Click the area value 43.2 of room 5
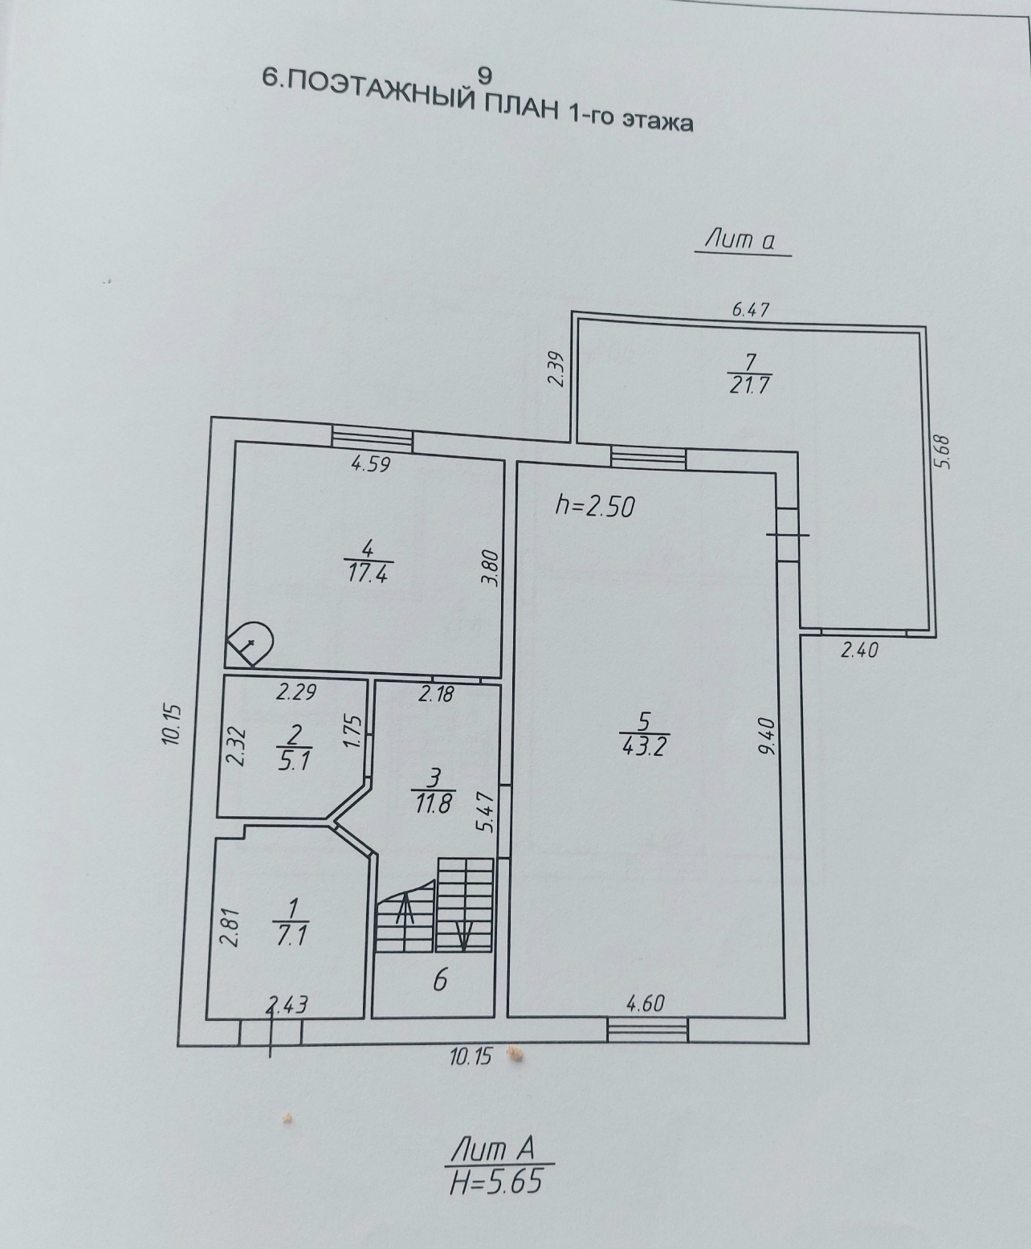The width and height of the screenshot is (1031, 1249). coord(644,748)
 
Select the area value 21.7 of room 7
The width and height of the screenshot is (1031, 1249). coord(749,385)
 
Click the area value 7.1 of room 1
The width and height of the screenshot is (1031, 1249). coord(291,935)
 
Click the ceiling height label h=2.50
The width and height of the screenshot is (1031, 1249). coord(594,507)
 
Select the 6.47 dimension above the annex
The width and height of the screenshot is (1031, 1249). coord(751,310)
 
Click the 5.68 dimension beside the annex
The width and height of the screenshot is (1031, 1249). coord(943,451)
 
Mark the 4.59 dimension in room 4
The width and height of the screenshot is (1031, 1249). coord(371,464)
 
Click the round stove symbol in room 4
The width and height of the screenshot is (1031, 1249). coord(250,644)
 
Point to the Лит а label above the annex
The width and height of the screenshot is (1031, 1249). coord(740,240)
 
